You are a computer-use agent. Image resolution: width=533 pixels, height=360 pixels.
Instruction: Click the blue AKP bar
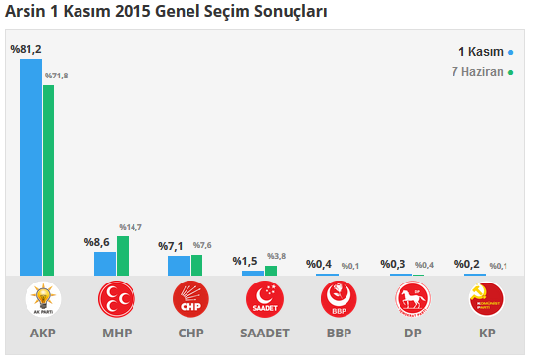pos(31,168)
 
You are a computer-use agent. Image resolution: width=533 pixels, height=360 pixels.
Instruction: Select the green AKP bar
pos(49,180)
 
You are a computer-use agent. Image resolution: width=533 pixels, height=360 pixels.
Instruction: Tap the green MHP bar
pos(123,256)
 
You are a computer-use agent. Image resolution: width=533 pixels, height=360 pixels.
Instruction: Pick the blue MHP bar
pos(104,264)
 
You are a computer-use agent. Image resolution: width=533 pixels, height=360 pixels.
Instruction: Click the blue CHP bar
pos(179,266)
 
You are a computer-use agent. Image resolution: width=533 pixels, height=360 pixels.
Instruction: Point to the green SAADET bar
pos(271,271)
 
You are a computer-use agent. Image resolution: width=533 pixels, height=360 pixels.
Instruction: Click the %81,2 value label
pos(26,50)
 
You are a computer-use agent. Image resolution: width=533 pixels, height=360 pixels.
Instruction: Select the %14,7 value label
pos(130,228)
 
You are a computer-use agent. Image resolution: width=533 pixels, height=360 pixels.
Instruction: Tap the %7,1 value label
pos(173,245)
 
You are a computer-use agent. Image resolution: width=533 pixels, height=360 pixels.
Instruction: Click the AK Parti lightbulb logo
pos(42,298)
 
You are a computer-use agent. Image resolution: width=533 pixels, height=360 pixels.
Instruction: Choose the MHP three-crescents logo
pos(116,298)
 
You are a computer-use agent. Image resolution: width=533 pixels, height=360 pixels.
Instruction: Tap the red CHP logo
pos(190,298)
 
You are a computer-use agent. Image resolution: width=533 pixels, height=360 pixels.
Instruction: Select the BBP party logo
pos(339,298)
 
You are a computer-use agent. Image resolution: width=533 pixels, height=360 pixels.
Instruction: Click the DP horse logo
pos(412,298)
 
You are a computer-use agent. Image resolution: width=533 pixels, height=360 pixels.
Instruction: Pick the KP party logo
pos(486,298)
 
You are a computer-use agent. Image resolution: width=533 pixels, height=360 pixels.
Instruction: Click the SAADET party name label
pos(265,334)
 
